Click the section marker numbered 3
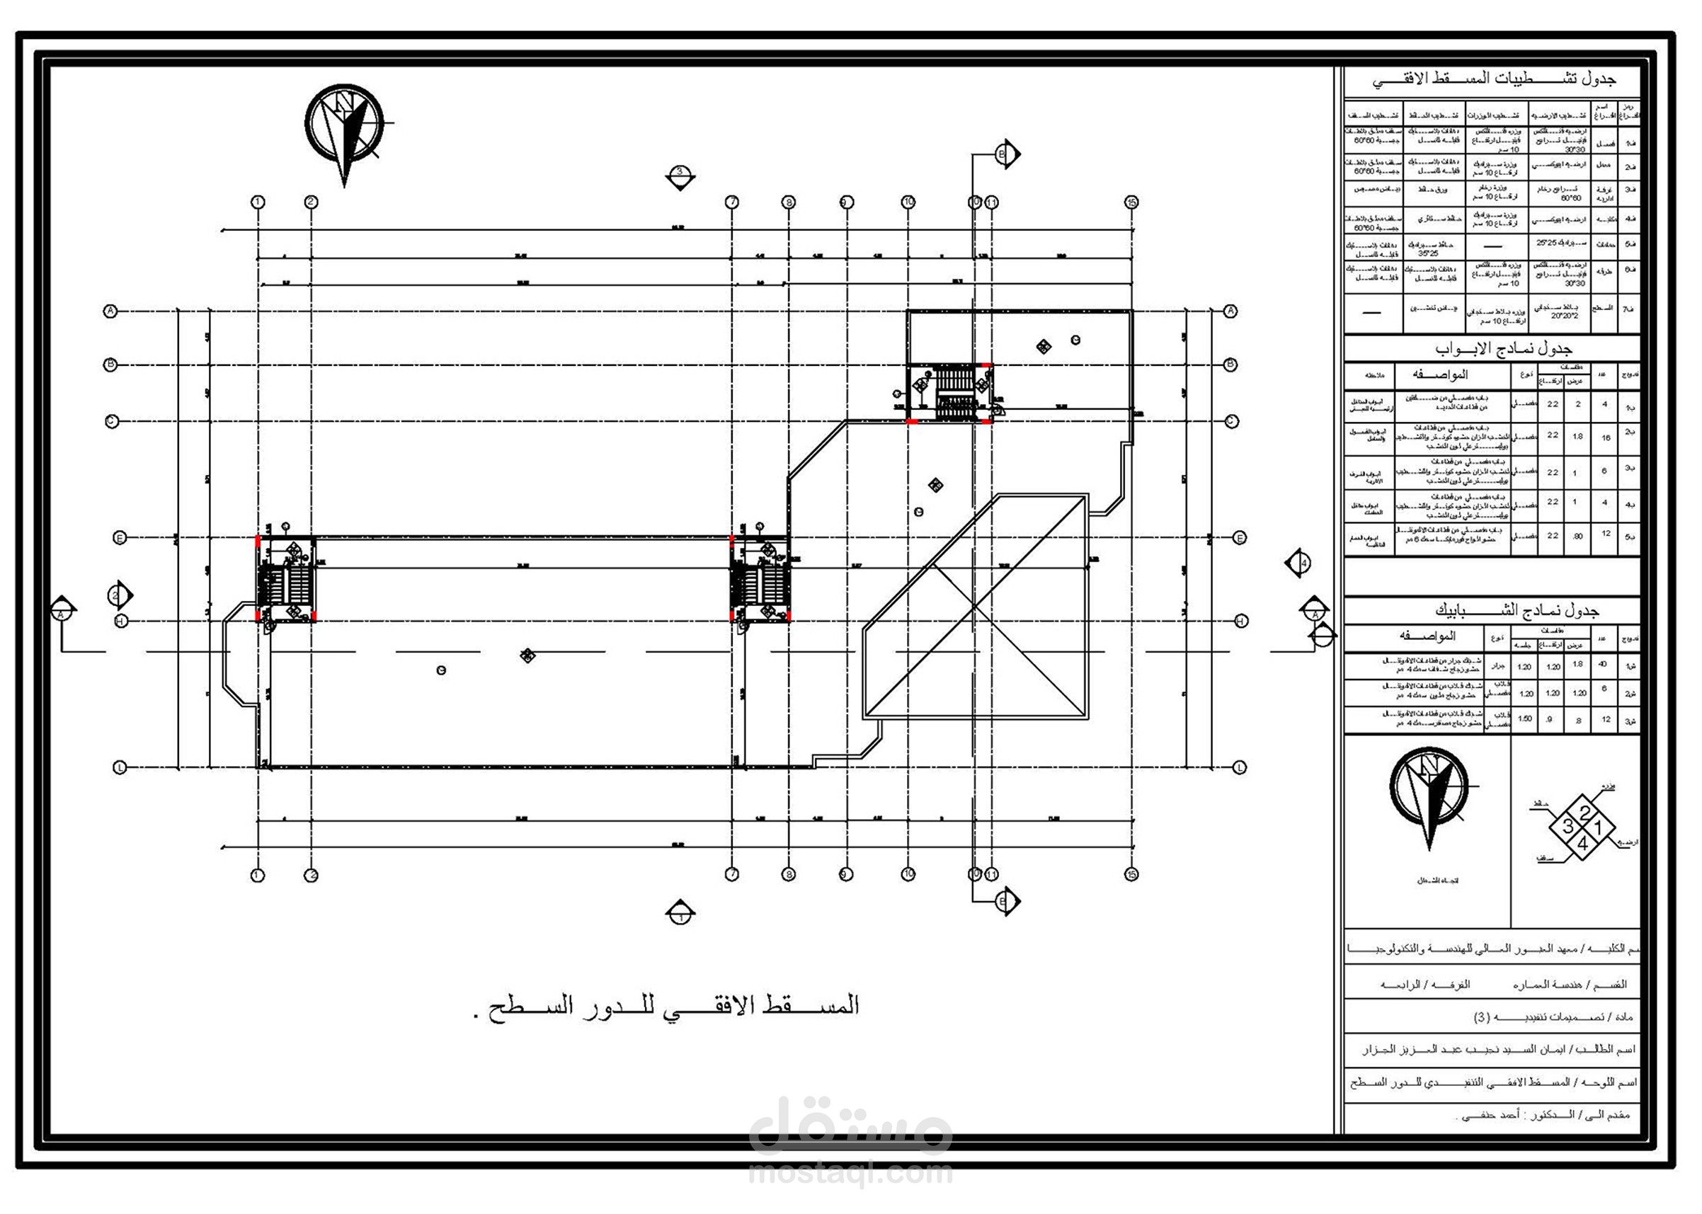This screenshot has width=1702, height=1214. [680, 176]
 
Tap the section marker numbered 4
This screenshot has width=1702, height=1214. [1299, 563]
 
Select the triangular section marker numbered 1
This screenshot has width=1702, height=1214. [680, 912]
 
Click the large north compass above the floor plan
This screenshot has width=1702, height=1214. [344, 125]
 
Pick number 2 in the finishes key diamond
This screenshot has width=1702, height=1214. [1583, 813]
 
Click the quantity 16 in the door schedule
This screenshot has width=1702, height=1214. [1606, 438]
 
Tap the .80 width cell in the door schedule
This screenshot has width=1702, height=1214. [1577, 536]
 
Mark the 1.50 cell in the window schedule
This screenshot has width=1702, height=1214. [1524, 718]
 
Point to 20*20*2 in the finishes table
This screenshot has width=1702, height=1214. [1564, 316]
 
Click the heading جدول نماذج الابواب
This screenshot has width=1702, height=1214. [1502, 348]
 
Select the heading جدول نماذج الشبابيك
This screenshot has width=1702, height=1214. [1515, 611]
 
